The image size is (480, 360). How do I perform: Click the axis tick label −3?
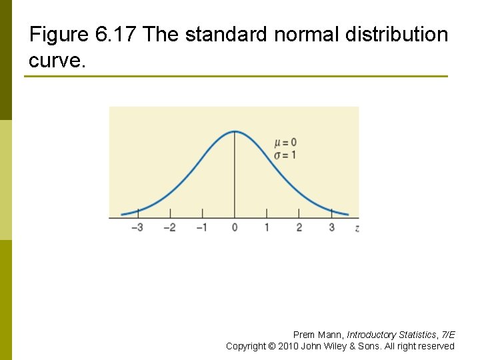[137, 228]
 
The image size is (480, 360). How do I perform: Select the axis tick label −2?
[169, 228]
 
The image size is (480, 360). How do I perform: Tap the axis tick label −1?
[201, 228]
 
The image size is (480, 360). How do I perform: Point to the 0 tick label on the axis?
[235, 228]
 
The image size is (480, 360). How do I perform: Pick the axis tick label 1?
[267, 228]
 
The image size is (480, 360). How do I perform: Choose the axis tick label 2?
[299, 228]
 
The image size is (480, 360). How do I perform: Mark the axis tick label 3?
[332, 228]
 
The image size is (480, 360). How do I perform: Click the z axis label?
[358, 228]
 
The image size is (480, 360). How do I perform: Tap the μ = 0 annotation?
[285, 143]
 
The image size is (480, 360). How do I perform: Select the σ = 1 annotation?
[285, 155]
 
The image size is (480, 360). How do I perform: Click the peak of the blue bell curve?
[234, 131]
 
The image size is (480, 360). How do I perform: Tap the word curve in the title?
[56, 61]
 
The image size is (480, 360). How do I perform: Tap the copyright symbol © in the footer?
[271, 346]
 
